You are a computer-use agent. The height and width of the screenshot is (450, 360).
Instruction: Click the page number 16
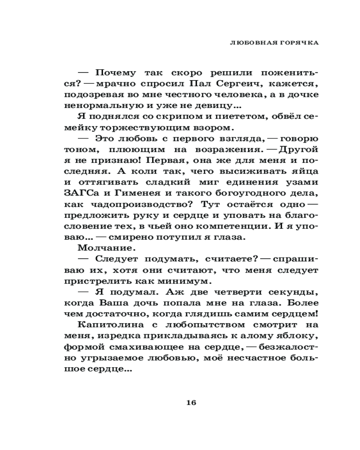point(191,403)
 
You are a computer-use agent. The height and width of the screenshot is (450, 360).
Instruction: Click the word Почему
point(103,73)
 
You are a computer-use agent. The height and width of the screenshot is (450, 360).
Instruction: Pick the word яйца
point(306,171)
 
